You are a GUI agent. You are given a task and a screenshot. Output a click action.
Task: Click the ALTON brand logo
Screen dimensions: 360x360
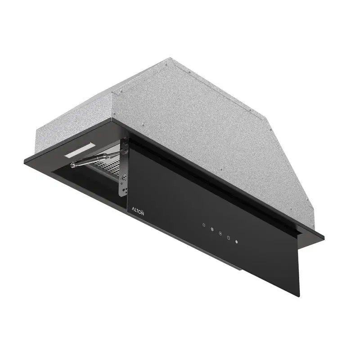tap(138, 210)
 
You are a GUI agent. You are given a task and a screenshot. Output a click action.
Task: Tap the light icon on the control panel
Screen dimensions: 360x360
tap(204, 225)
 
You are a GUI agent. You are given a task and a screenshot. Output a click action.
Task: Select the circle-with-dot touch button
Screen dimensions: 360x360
tap(220, 234)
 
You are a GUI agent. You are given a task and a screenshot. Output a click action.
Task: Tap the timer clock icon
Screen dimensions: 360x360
tap(229, 238)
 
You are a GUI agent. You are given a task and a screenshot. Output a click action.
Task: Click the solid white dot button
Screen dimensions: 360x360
tap(237, 242)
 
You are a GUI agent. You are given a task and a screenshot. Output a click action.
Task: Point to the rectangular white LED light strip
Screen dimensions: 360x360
tap(80, 150)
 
